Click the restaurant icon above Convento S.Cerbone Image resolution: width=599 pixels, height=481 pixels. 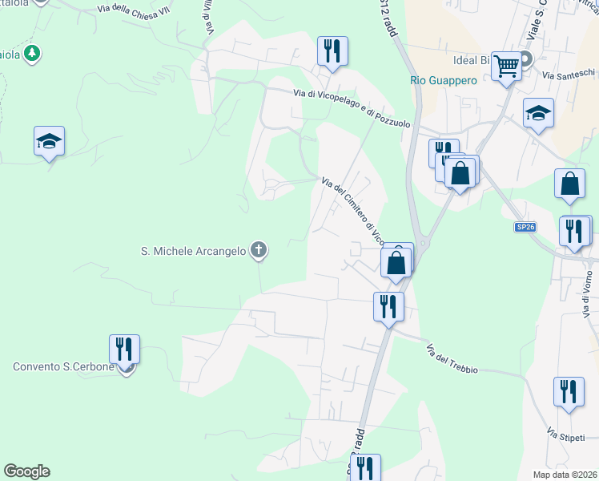(124, 350)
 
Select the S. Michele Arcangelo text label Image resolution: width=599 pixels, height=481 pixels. (193, 251)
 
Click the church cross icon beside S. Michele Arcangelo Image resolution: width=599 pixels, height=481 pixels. (258, 251)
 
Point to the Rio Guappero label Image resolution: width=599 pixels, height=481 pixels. (443, 80)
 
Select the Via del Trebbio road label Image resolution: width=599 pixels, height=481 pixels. (452, 358)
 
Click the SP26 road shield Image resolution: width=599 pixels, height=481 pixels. (524, 228)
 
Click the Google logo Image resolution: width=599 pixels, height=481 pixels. (26, 471)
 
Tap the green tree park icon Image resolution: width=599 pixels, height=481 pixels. (31, 54)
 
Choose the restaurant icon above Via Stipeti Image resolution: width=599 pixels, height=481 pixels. (569, 392)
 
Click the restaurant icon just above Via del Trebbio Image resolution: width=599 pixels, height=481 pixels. (388, 305)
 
